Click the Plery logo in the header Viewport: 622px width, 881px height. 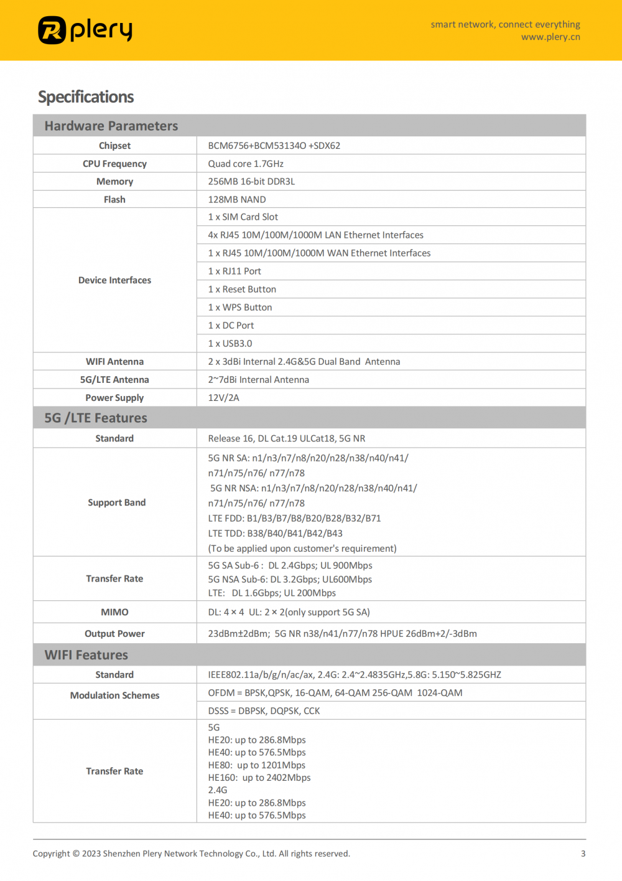coord(85,30)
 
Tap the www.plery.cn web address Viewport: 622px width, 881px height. coord(550,37)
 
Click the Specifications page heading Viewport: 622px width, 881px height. coord(86,97)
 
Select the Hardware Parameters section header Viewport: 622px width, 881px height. coord(111,126)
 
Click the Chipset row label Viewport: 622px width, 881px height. coord(114,146)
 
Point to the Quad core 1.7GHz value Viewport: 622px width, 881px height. coord(246,164)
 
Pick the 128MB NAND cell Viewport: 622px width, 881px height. coord(237,199)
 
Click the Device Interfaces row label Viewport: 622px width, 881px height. coord(114,280)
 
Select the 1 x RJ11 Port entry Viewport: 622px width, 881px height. coord(234,271)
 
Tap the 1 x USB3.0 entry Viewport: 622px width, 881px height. coord(230,344)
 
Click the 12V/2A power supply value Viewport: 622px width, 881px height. coord(223,398)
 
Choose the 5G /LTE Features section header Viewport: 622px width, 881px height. coord(96,418)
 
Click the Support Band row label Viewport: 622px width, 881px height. coord(116,502)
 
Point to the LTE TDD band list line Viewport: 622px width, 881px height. coord(275,534)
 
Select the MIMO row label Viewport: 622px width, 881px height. coord(114,612)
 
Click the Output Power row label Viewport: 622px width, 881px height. coord(114,634)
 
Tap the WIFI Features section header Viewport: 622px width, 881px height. coord(86,655)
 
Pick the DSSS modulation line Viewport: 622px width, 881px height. coord(264,711)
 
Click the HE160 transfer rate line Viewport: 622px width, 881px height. coord(259,778)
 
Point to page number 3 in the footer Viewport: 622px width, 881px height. coord(583,854)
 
